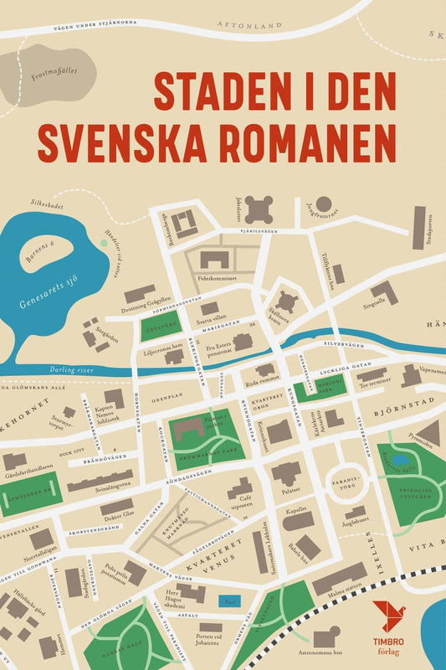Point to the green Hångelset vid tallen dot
(x=103, y=243)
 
